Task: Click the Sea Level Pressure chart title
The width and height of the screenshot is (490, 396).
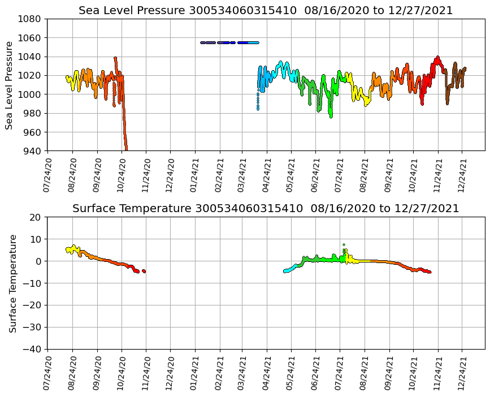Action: point(266,10)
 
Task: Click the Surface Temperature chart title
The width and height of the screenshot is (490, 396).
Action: point(266,209)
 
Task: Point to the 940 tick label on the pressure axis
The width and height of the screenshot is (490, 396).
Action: point(32,151)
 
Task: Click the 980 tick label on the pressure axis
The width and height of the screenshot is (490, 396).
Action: point(32,113)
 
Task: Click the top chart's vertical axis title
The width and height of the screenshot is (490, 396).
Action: point(10,85)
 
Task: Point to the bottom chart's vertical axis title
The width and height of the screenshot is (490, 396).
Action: point(12,283)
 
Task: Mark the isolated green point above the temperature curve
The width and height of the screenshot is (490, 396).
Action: point(344,245)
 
